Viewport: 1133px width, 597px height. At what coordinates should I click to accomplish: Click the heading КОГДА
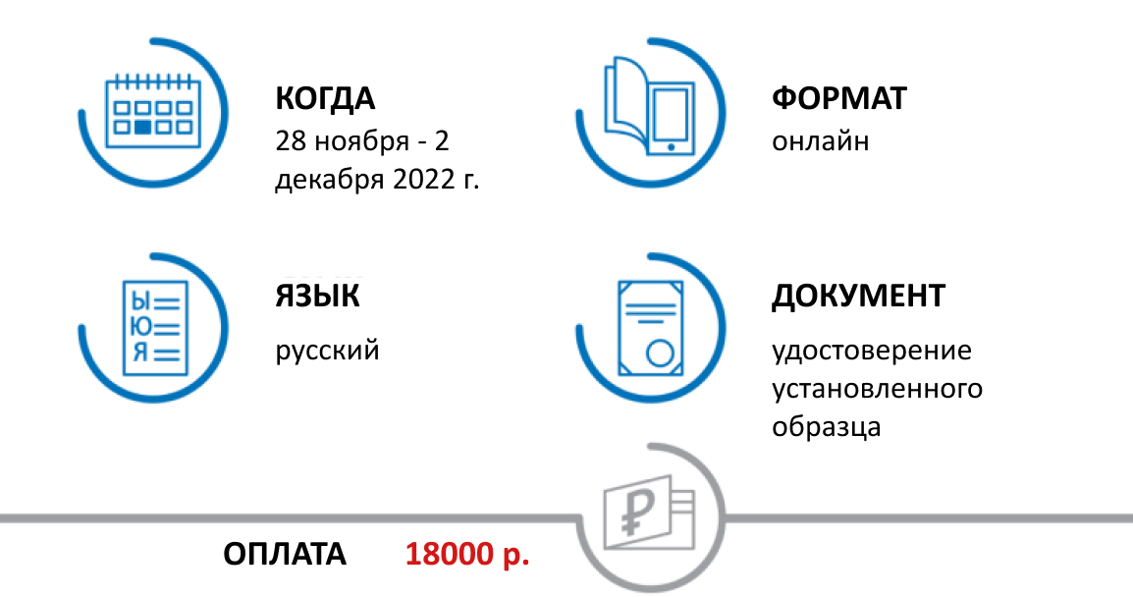325,99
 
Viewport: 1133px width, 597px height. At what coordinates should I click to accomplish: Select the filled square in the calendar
143,127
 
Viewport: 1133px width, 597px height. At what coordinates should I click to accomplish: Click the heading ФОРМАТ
839,99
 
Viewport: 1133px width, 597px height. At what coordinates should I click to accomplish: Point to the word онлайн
821,141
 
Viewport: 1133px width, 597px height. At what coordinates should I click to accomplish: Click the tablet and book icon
649,106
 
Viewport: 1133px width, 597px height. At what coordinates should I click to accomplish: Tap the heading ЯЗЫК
317,296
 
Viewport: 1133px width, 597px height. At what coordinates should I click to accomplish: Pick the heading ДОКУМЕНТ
858,296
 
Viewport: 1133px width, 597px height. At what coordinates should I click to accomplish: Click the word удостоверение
871,351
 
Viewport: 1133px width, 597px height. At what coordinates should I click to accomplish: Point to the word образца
826,427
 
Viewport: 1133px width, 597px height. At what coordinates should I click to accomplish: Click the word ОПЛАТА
285,554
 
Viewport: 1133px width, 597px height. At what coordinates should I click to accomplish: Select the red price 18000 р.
467,554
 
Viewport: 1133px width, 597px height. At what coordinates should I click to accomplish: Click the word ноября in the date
361,141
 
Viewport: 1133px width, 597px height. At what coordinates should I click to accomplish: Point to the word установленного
877,389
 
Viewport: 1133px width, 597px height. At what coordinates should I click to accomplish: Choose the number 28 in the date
291,141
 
